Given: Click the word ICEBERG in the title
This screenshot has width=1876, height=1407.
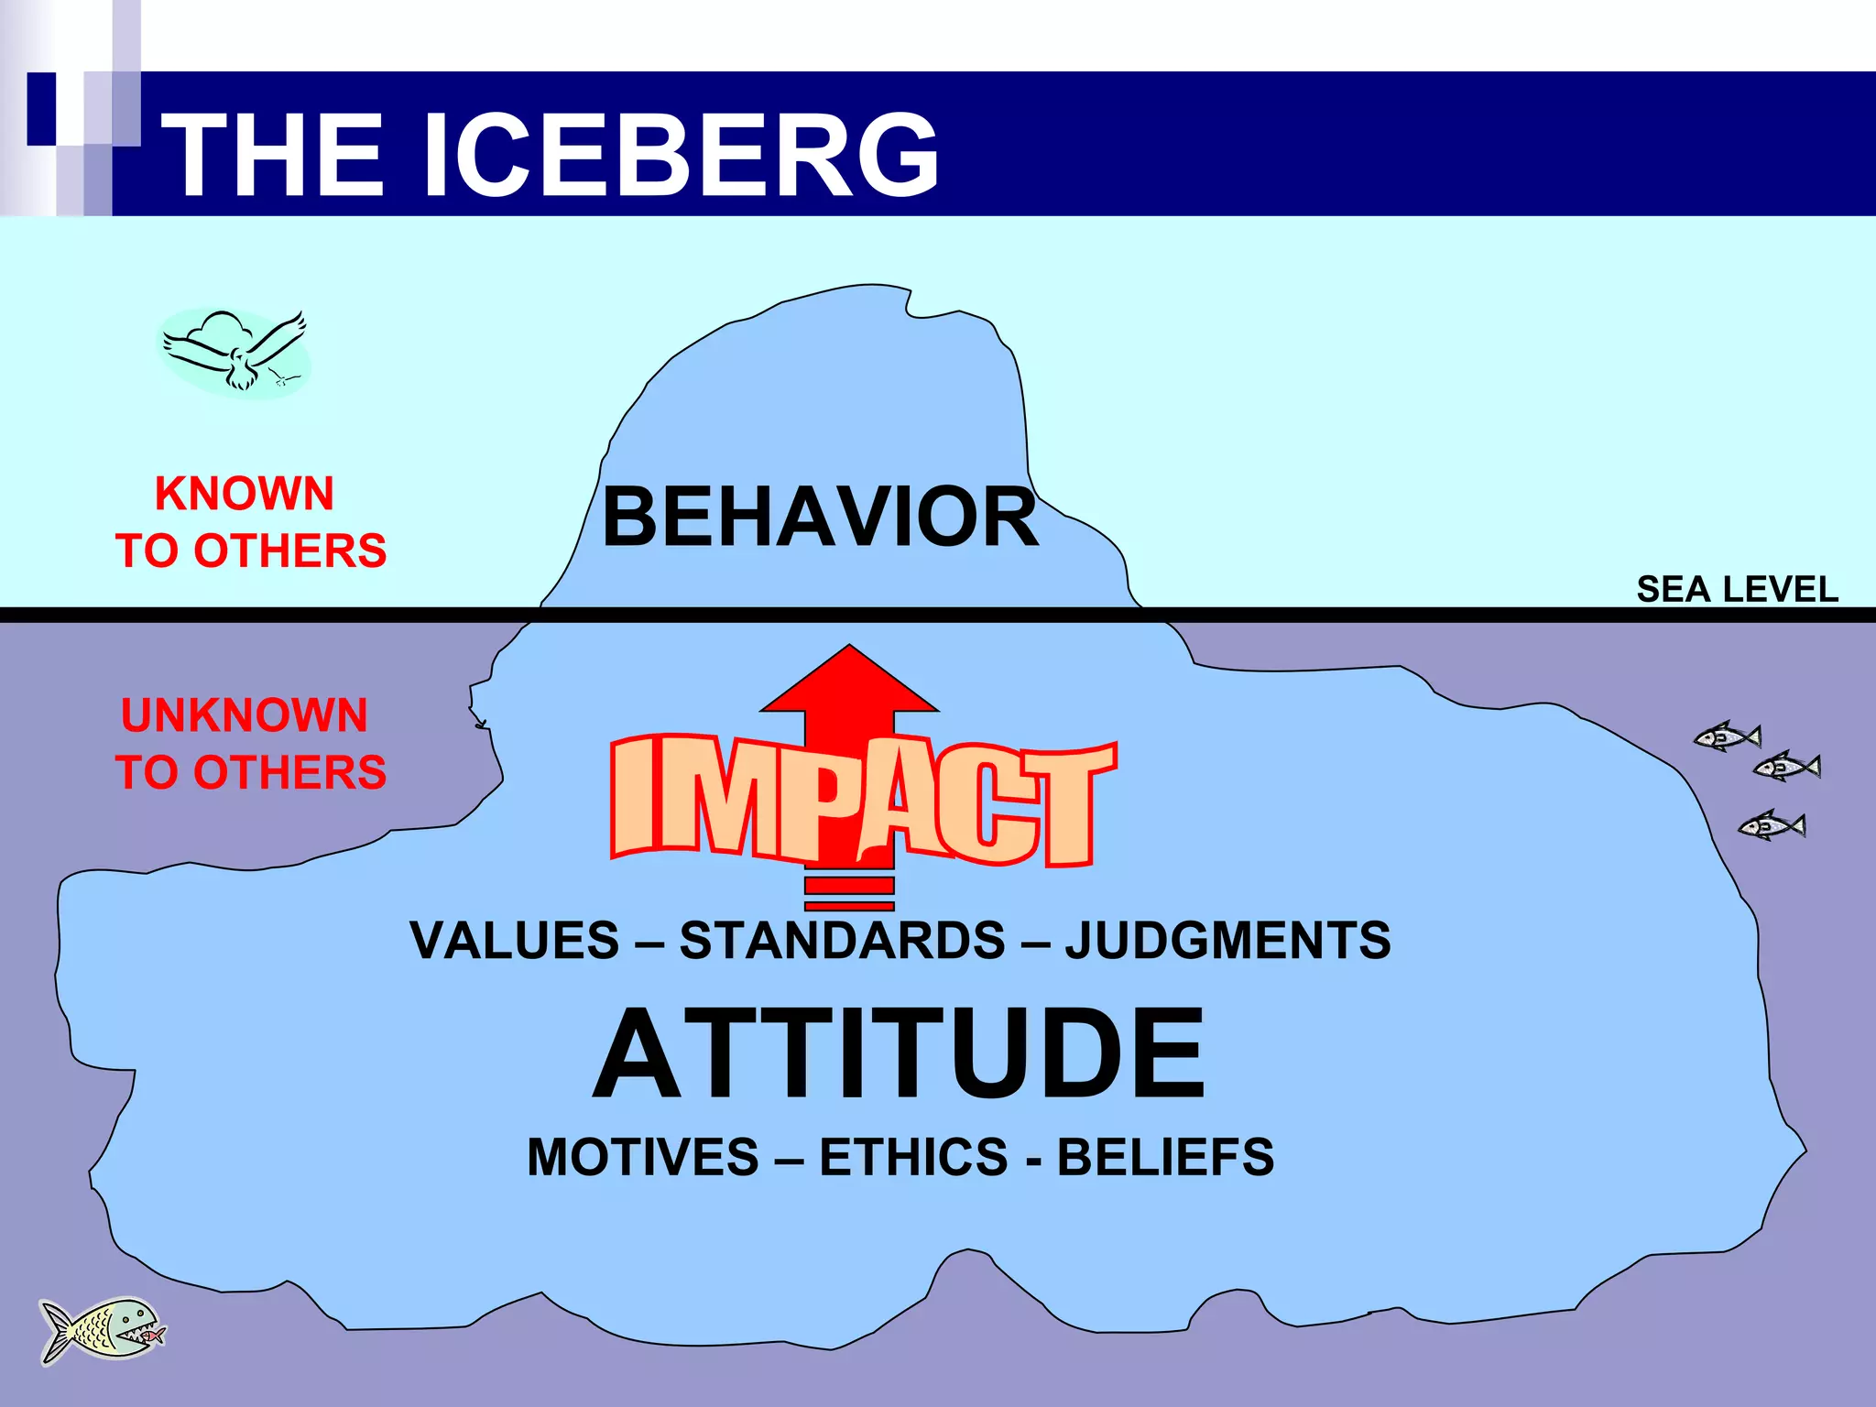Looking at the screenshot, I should point(682,154).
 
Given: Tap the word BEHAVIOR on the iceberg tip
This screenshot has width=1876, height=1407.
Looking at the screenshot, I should point(820,518).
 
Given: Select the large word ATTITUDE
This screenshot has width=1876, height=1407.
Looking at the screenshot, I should point(900,1053).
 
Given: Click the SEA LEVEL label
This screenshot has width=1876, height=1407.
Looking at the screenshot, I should point(1737,589).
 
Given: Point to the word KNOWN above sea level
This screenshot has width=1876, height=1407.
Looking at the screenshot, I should point(245,494).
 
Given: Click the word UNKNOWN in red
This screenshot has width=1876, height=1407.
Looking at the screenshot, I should point(245,715).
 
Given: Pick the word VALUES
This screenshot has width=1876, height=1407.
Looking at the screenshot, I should point(515,941).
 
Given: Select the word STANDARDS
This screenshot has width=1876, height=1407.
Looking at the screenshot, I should point(843,941).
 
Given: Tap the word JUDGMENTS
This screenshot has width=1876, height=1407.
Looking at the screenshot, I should point(1227,941).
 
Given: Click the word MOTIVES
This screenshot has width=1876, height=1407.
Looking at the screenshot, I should point(643,1157).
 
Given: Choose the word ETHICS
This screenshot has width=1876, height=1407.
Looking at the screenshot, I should point(913,1157).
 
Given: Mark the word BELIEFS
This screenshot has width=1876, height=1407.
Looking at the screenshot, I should point(1165,1157).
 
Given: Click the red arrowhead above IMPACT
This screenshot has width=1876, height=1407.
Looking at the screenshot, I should point(849,682).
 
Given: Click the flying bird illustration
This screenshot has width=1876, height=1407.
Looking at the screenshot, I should point(236,353).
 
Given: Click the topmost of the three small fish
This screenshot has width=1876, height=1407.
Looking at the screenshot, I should point(1728,736).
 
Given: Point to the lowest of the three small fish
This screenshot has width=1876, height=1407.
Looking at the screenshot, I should point(1772,825).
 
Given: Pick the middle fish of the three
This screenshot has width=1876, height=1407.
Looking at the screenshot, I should point(1787,766).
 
